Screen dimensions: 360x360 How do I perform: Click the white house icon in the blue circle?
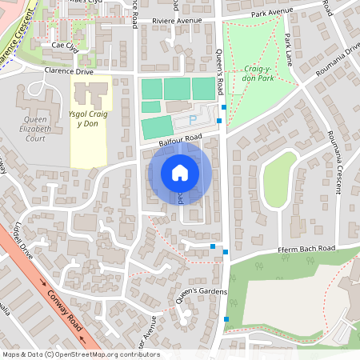tap(180, 172)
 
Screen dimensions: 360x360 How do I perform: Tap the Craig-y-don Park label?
tap(258, 75)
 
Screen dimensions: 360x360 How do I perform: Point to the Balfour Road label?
tap(178, 141)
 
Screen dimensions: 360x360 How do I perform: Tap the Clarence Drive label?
tap(68, 71)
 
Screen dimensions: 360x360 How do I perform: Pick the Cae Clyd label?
tap(65, 46)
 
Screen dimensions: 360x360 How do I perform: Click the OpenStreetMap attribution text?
tap(81, 354)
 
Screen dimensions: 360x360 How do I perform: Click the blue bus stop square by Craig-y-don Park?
tap(224, 107)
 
